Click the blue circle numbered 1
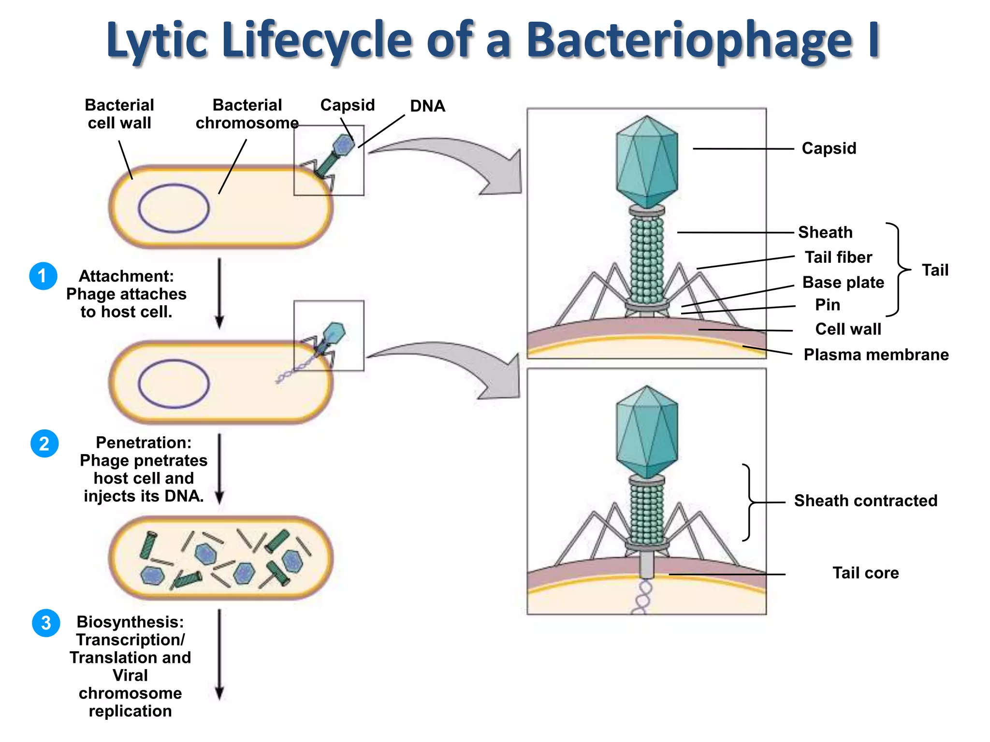point(43,276)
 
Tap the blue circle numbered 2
point(44,443)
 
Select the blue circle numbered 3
point(46,623)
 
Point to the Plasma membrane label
point(875,355)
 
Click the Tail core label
point(865,573)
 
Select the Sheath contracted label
point(865,500)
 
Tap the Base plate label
point(843,282)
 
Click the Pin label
point(827,305)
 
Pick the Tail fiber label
point(838,257)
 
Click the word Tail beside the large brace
point(935,270)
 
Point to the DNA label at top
point(427,106)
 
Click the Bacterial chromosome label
point(247,114)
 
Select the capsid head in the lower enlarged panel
point(647,431)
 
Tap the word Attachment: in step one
point(126,276)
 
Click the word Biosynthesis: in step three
point(130,622)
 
